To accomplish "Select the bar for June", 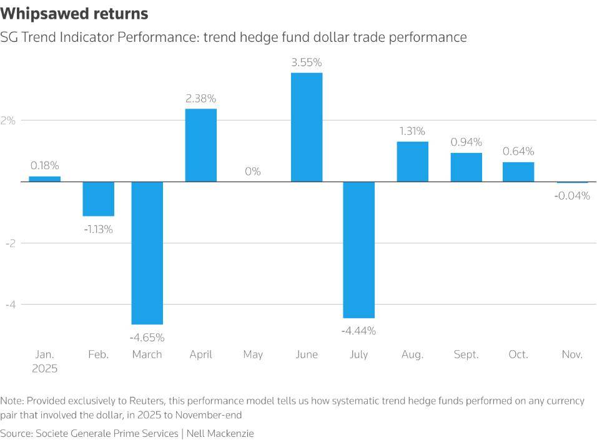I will click(x=307, y=127).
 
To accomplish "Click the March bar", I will click(x=147, y=253).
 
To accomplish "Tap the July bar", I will click(x=359, y=250).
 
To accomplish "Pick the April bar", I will click(x=201, y=145).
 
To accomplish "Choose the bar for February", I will click(x=99, y=198).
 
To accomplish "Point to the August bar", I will click(x=412, y=162).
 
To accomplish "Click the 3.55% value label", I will click(x=307, y=62).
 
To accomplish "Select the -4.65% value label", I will click(x=147, y=338).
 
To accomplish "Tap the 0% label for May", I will click(x=253, y=171).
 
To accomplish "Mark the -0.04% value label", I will click(x=572, y=195).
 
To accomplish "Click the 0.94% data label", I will click(x=466, y=142).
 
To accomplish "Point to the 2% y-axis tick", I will click(x=8, y=120).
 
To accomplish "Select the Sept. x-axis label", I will click(x=466, y=354).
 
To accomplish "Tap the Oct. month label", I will click(x=518, y=354).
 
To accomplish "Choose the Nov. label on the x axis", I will click(x=572, y=354).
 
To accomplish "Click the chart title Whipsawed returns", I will click(x=74, y=14).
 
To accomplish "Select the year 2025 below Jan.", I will click(x=45, y=369).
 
